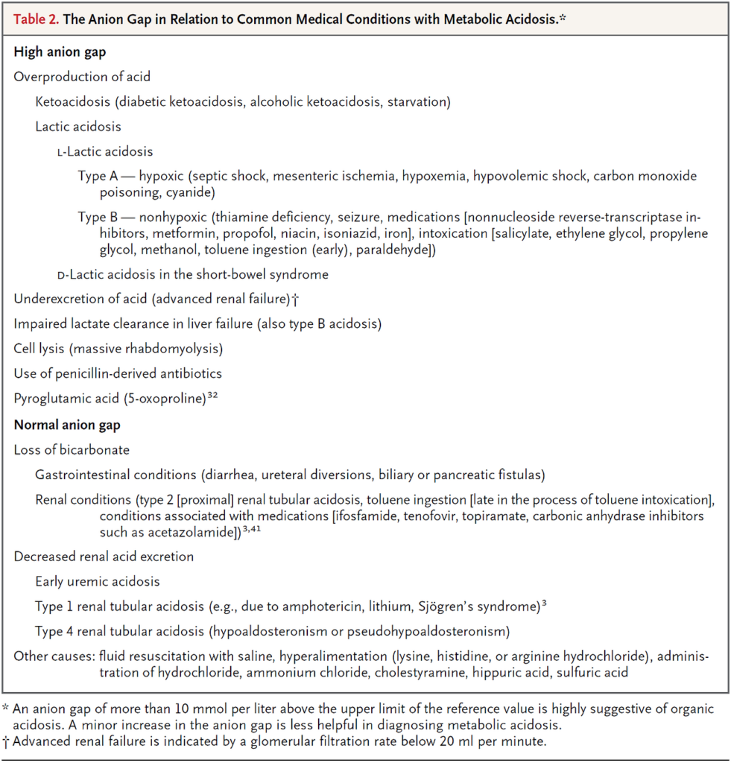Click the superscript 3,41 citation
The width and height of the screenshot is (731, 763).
[x=254, y=529]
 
